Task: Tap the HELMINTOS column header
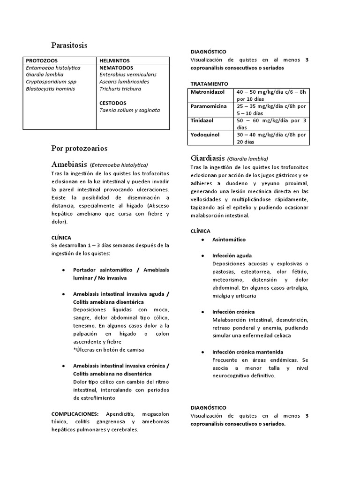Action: pyautogui.click(x=114, y=60)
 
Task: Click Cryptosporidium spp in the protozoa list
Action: pyautogui.click(x=51, y=82)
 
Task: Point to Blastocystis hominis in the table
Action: pyautogui.click(x=50, y=89)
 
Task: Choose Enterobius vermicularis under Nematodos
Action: pyautogui.click(x=128, y=75)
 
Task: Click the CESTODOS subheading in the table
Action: pyautogui.click(x=113, y=103)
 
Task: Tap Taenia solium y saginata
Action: pyautogui.click(x=129, y=110)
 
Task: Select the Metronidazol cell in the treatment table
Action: pyautogui.click(x=208, y=92)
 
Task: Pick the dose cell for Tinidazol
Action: pyautogui.click(x=272, y=124)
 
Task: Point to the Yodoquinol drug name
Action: pyautogui.click(x=205, y=135)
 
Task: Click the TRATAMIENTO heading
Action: pyautogui.click(x=209, y=83)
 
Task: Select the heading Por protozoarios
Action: pyautogui.click(x=79, y=148)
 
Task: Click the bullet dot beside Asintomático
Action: pyautogui.click(x=202, y=240)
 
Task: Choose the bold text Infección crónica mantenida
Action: pyautogui.click(x=247, y=352)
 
